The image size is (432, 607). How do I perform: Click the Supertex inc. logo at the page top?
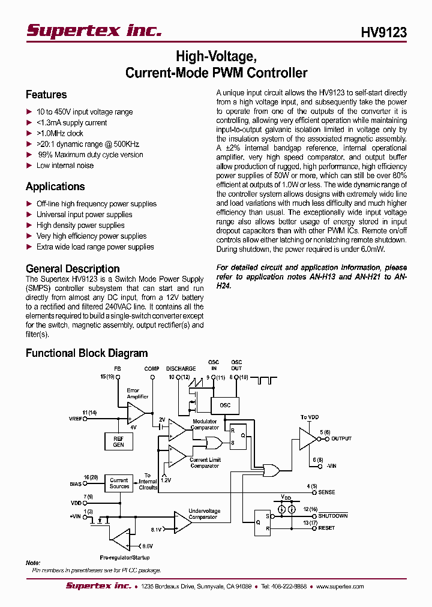tap(94, 31)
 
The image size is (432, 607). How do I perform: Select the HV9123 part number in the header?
tap(383, 33)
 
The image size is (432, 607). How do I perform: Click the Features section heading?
tap(46, 95)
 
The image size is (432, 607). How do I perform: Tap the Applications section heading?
tap(55, 187)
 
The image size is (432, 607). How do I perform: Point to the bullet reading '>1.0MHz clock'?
tap(59, 133)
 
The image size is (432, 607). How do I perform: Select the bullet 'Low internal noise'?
tap(65, 166)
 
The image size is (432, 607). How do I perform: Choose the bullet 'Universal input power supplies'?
tap(84, 215)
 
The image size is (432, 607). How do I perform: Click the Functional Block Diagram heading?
tap(86, 353)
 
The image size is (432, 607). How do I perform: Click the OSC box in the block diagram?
tap(224, 405)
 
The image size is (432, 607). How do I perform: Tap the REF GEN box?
tap(119, 441)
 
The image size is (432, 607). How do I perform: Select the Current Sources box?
tap(119, 483)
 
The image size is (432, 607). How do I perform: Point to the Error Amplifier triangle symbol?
tap(136, 413)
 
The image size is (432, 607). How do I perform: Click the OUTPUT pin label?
tap(341, 439)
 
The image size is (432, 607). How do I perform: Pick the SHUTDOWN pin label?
tap(332, 516)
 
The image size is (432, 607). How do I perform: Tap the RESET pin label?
tap(326, 528)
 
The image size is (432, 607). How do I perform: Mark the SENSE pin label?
tap(327, 492)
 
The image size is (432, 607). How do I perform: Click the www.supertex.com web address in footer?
tap(340, 586)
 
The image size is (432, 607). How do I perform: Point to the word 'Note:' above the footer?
tap(33, 563)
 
